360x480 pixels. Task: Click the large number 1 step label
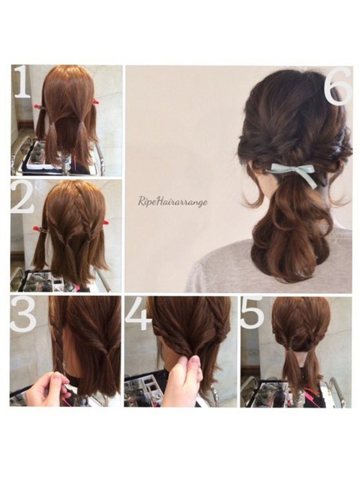coord(22,82)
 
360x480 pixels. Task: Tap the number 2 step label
coord(22,196)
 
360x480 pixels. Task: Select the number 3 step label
coord(23,315)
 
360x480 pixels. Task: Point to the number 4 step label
coord(139,315)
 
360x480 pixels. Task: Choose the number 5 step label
coord(253,313)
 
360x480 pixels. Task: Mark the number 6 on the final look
coord(338,86)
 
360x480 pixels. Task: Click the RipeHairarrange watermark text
coord(173,202)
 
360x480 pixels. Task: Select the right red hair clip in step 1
coord(96,102)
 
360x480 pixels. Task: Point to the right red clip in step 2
coord(106,222)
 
